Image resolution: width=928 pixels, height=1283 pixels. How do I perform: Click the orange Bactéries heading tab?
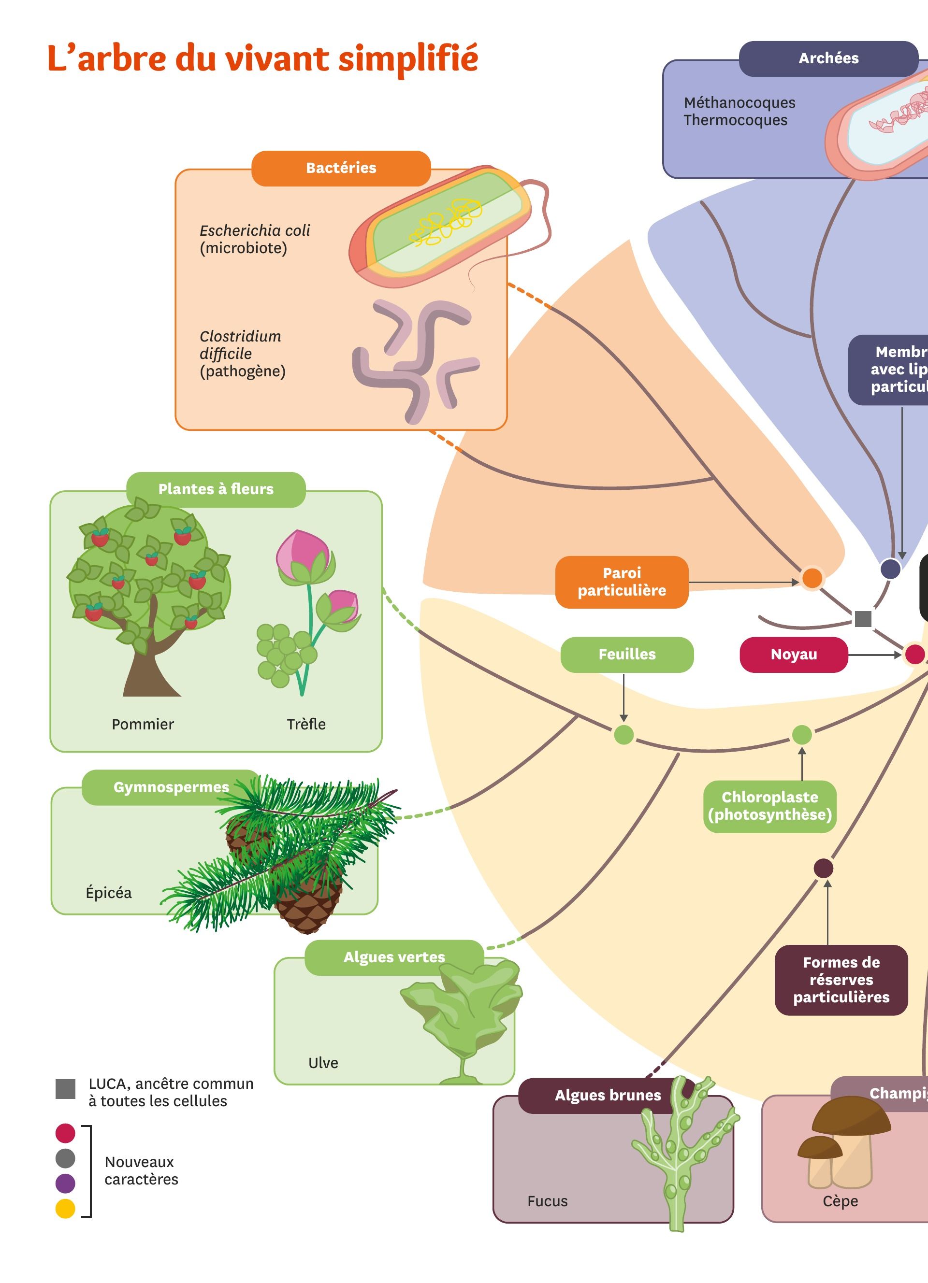(x=341, y=168)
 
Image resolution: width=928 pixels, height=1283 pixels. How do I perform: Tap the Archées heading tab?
(x=828, y=58)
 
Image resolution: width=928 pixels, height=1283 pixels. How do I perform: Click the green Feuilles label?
(x=626, y=655)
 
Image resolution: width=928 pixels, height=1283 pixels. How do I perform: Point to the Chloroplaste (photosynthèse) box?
(x=769, y=806)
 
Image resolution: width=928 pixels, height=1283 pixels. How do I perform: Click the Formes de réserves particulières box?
(x=841, y=980)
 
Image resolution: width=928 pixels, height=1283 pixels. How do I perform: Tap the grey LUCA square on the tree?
(x=863, y=619)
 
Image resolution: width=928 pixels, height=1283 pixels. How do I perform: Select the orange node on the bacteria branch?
(x=812, y=578)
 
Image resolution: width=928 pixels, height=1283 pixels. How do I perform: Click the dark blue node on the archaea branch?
(x=891, y=569)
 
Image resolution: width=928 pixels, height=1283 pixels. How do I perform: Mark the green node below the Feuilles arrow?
(x=623, y=735)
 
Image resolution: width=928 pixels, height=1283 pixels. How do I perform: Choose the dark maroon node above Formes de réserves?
(x=823, y=868)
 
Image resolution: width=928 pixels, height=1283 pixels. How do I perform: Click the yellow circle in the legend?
(x=65, y=1209)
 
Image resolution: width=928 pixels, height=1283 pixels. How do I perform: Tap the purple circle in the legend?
(x=65, y=1183)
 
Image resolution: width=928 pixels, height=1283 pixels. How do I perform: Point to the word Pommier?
(x=143, y=725)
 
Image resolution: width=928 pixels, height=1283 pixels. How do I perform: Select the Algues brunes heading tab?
(x=607, y=1095)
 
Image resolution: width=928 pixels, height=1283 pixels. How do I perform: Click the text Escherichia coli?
(x=255, y=231)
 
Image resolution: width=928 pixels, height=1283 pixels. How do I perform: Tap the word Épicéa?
(x=109, y=893)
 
